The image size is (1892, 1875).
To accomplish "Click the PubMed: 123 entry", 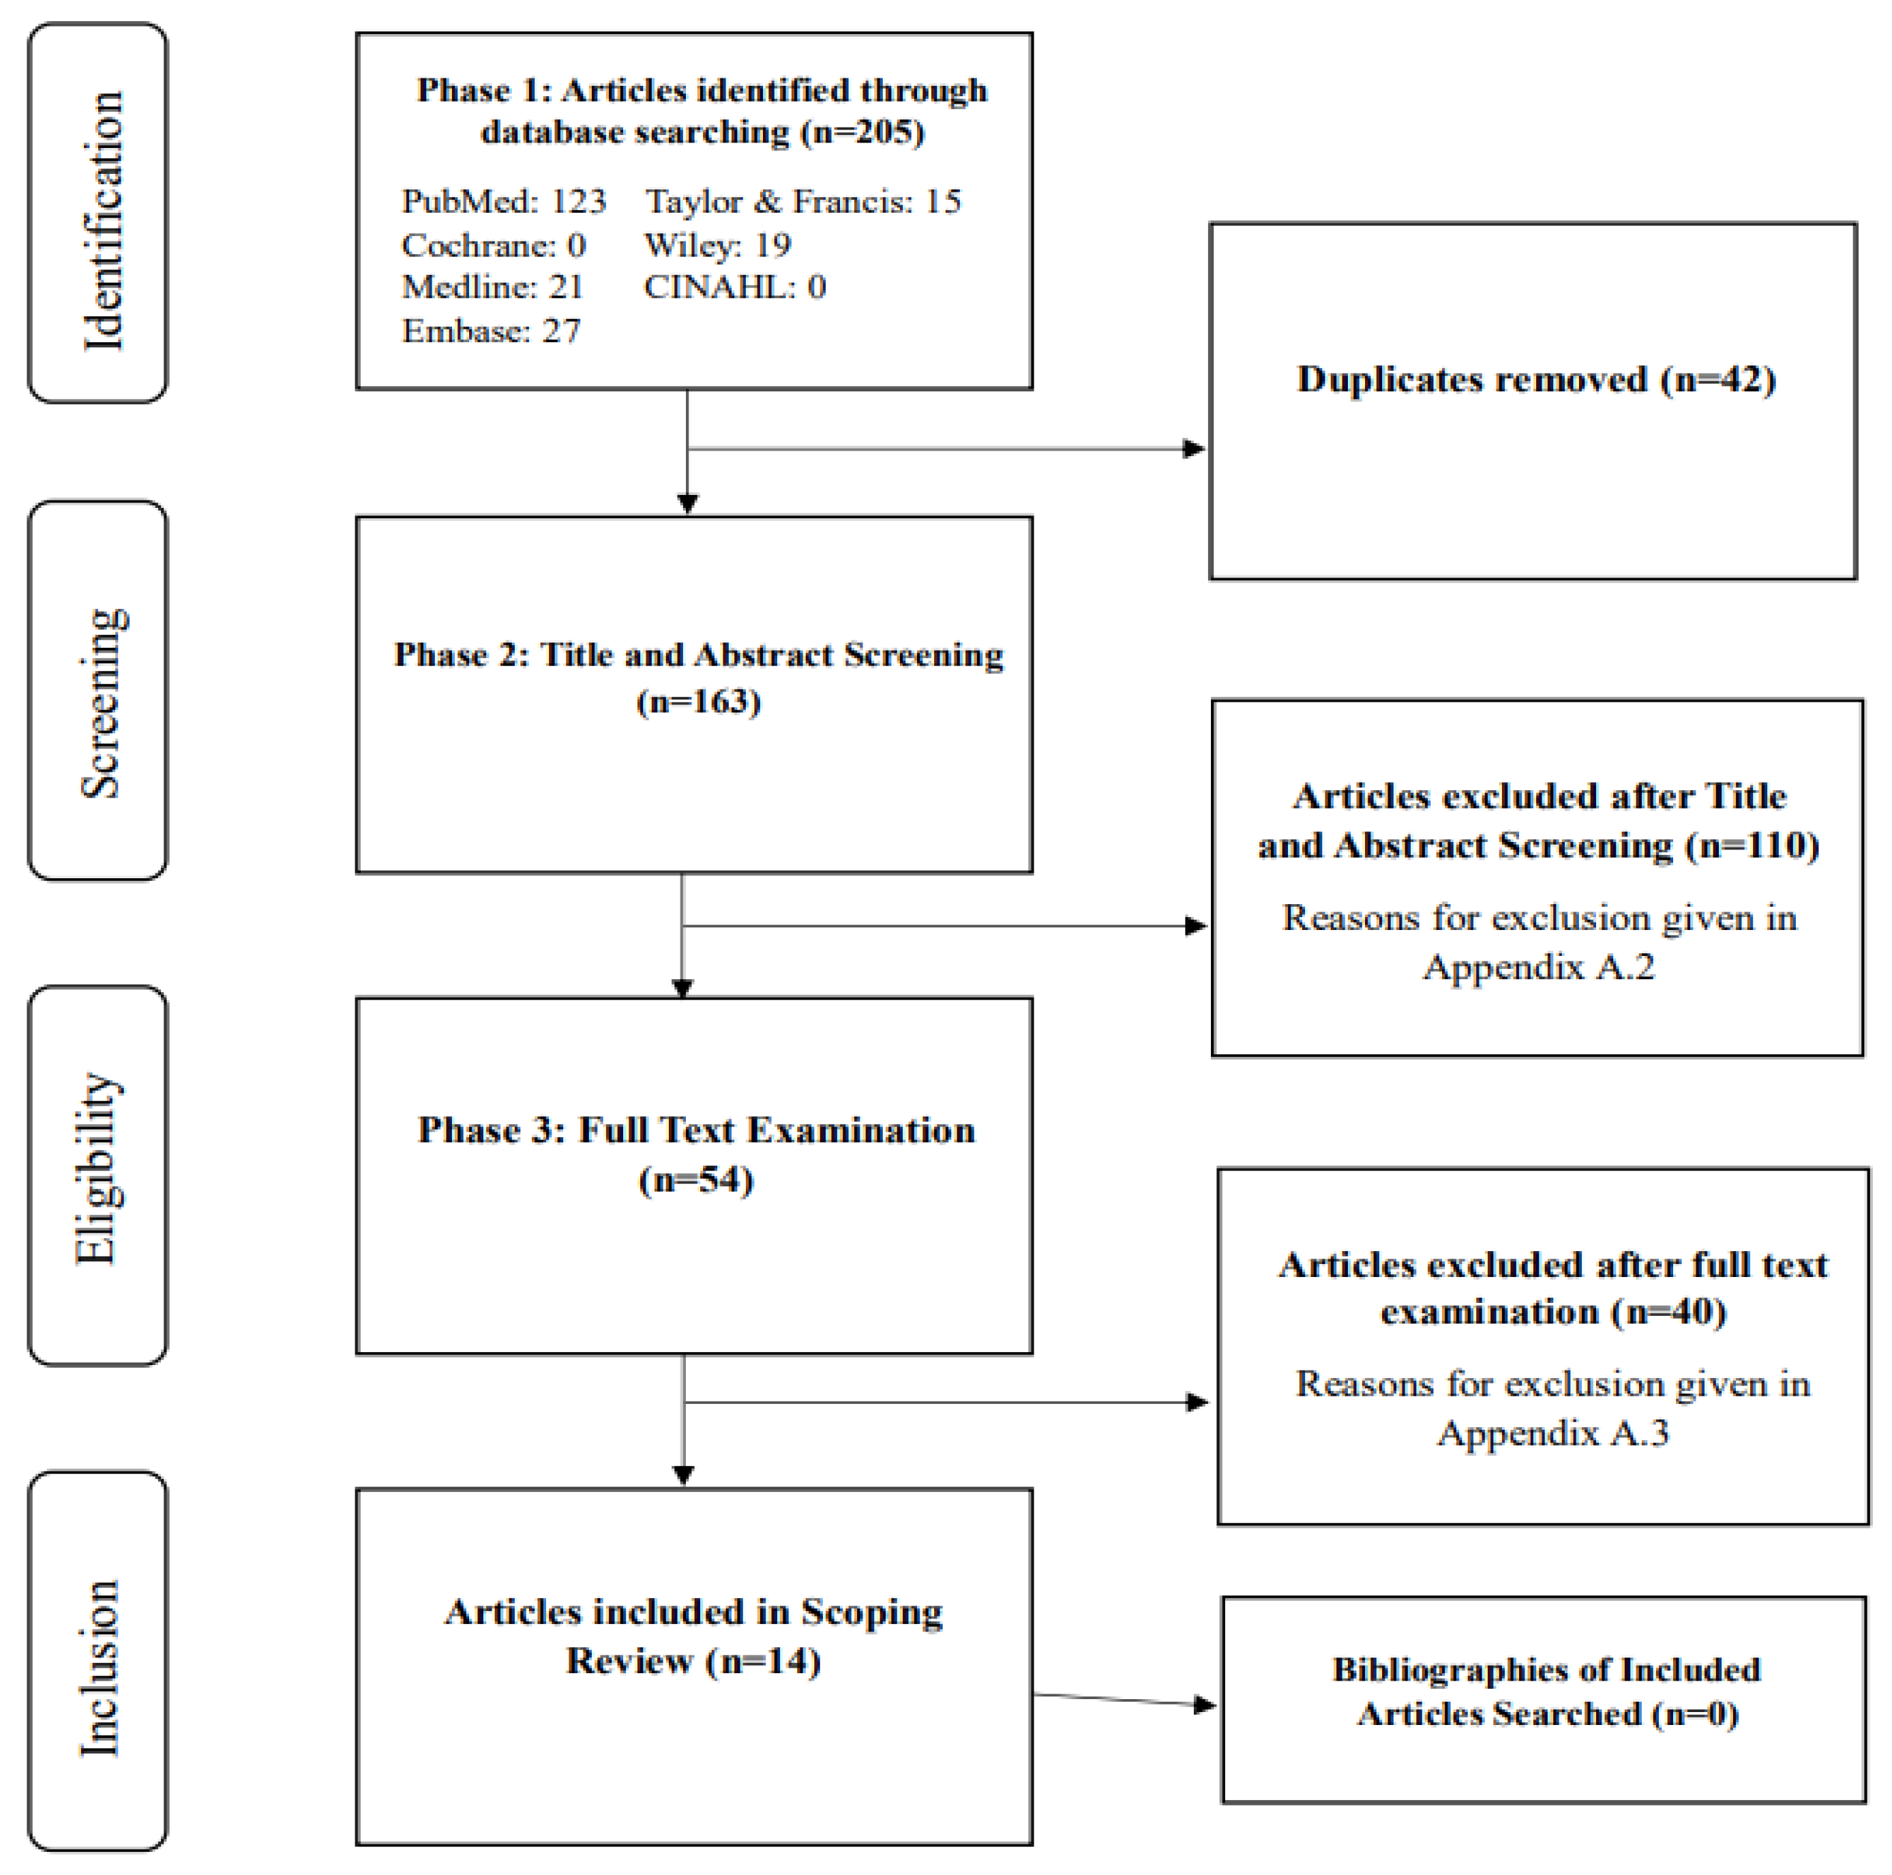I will coord(503,202).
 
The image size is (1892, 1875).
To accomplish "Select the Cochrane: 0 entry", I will coord(492,245).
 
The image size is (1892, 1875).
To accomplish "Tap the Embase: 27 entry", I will coord(491,331).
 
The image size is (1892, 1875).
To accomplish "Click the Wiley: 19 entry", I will coord(717,245).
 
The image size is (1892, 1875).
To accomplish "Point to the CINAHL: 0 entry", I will coord(734,287).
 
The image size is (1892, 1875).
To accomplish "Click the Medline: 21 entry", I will coord(492,287).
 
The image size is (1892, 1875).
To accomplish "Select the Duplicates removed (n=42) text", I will coord(1535,380).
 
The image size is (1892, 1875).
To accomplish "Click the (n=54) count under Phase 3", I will coord(695,1179).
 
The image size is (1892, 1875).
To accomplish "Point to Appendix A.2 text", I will coord(1538,966).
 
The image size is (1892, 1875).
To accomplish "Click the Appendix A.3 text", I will coord(1552,1432).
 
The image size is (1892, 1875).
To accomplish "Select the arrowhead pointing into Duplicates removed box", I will coord(1194,449).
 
